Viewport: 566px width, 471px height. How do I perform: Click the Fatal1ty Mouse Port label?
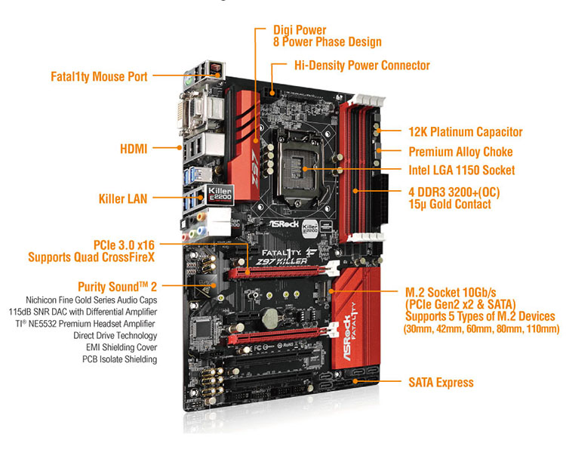click(x=99, y=76)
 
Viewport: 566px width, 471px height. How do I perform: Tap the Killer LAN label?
click(x=123, y=199)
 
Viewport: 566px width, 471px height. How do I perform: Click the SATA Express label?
click(x=441, y=383)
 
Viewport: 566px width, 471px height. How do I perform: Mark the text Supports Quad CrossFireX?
click(x=93, y=257)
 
